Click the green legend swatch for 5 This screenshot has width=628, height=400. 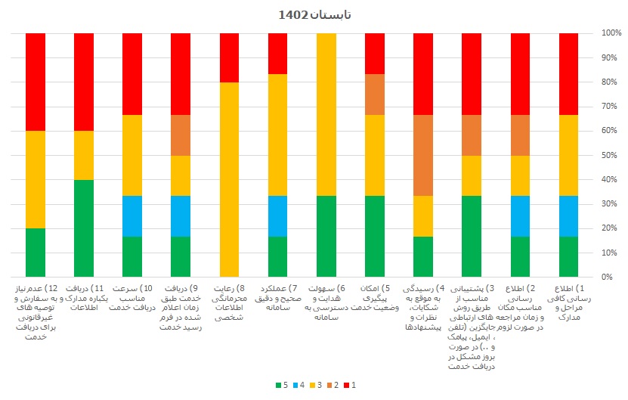(x=279, y=385)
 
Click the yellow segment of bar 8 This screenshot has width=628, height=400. (x=229, y=179)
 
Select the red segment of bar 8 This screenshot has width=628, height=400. (x=229, y=57)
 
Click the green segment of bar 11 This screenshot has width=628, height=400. (x=84, y=228)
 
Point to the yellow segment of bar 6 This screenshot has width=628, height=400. (x=326, y=114)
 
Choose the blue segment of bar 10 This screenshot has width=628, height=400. (x=132, y=216)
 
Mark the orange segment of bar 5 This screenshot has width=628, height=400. (x=375, y=94)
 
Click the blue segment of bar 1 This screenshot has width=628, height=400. (x=568, y=216)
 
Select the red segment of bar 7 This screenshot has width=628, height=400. (x=277, y=54)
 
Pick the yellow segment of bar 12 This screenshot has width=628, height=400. (x=36, y=179)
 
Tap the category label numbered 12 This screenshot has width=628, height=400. (x=36, y=312)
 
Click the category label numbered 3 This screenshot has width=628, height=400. (x=472, y=326)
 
